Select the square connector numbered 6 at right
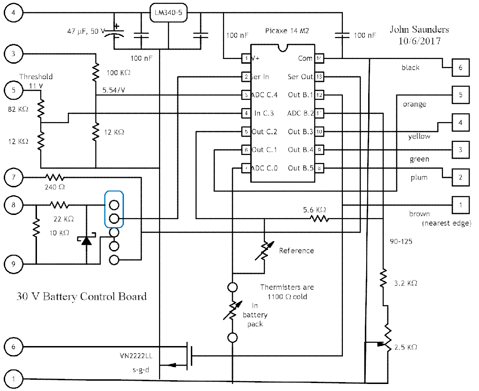tap(460, 68)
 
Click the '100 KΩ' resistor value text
tap(118, 74)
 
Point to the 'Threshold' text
tap(36, 76)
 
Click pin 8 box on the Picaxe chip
tap(319, 168)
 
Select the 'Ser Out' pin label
tap(300, 77)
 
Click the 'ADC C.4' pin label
tap(264, 95)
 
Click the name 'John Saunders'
tap(419, 30)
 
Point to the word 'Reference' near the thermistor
tap(297, 251)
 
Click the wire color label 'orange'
tap(414, 104)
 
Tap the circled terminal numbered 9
tap(14, 264)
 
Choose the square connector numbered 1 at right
tap(460, 205)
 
